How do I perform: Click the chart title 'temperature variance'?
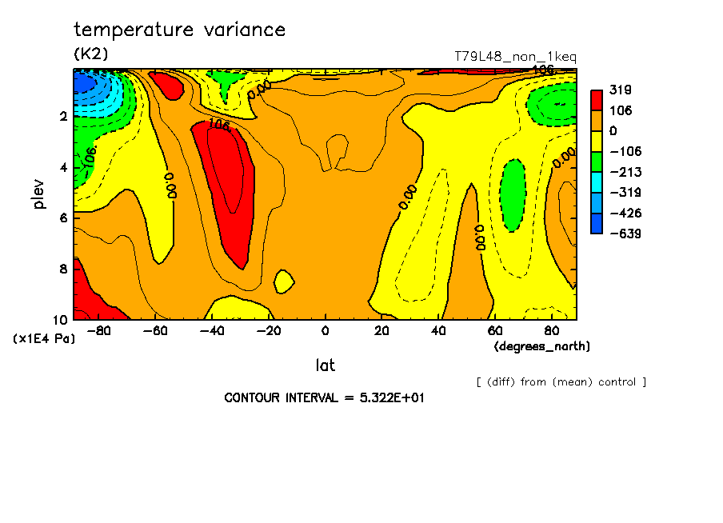pos(179,30)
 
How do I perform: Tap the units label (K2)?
pos(90,54)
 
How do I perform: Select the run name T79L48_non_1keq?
pos(515,57)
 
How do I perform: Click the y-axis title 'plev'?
pos(39,194)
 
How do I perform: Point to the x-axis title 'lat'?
pos(325,365)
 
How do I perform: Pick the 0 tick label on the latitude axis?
pos(325,331)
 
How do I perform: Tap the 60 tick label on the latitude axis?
pos(494,331)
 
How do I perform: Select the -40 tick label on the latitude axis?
pos(210,331)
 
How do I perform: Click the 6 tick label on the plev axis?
pos(62,218)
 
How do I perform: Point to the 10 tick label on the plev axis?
pos(59,320)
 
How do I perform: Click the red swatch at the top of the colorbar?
pos(596,100)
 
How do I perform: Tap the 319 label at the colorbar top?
pos(620,90)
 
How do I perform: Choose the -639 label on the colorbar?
pos(622,234)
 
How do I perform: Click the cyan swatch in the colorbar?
pos(596,193)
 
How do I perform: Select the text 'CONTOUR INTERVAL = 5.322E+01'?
pos(324,397)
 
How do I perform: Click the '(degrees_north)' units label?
pos(542,345)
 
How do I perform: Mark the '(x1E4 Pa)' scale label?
pos(45,338)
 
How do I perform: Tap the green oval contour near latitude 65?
pos(512,194)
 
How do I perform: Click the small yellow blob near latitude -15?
pos(283,281)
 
